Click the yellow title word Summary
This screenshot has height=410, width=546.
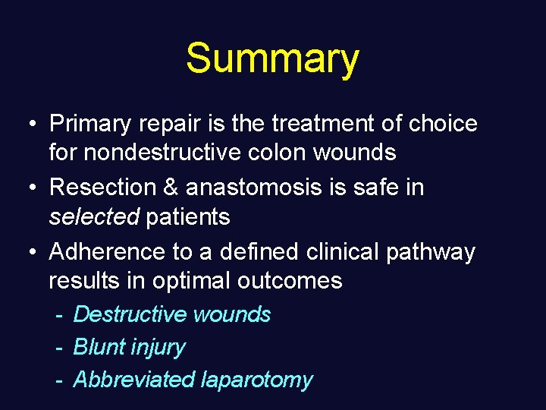pyautogui.click(x=272, y=59)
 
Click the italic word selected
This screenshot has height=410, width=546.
pyautogui.click(x=94, y=217)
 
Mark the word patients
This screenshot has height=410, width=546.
pyautogui.click(x=188, y=217)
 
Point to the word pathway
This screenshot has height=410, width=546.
pyautogui.click(x=431, y=251)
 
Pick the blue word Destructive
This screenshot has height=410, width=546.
pyautogui.click(x=130, y=314)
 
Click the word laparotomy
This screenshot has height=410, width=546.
pyautogui.click(x=256, y=380)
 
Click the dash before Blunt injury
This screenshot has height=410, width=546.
pyautogui.click(x=58, y=348)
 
